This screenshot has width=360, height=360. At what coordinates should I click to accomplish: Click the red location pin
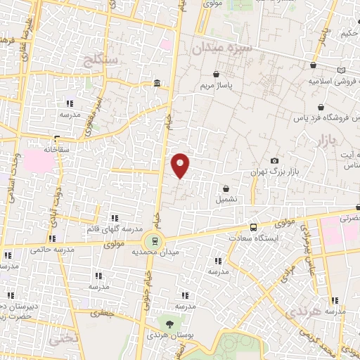(181, 165)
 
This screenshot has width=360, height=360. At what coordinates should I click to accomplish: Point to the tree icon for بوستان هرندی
(169, 323)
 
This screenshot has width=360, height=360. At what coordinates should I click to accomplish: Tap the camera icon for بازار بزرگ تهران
(274, 162)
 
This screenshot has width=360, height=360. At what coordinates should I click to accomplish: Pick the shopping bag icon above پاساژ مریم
(216, 73)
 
